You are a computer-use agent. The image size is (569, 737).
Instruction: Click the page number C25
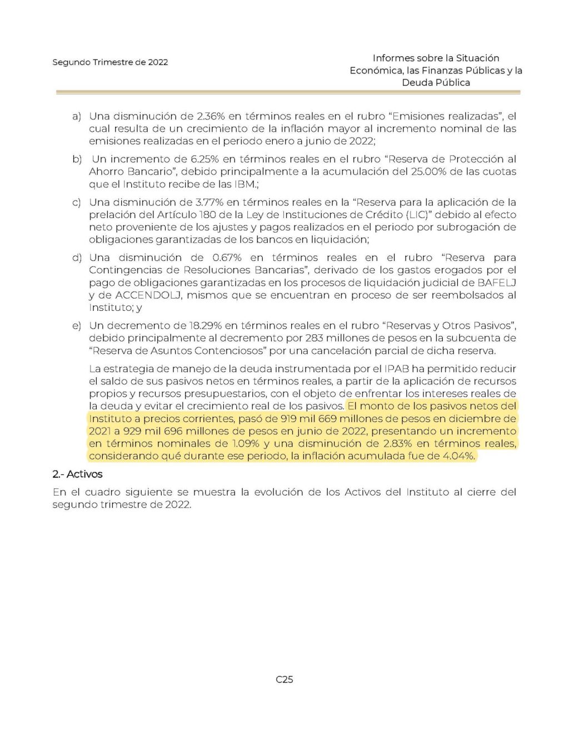(x=284, y=679)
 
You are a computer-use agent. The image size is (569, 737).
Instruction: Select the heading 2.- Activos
(x=77, y=474)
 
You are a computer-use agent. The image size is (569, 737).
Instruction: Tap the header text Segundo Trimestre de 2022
(x=110, y=62)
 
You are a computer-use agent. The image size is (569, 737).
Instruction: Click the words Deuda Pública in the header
(x=436, y=82)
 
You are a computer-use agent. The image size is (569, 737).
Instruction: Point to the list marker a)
(x=76, y=116)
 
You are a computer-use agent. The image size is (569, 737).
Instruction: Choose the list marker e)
(x=76, y=325)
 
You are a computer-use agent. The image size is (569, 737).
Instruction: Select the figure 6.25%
(x=204, y=159)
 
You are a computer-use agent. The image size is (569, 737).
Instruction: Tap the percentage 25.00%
(x=430, y=171)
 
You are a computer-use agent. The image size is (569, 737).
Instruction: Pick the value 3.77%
(x=210, y=202)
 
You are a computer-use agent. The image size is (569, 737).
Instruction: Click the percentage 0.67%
(x=227, y=258)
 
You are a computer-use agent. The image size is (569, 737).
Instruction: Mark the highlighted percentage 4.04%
(x=459, y=456)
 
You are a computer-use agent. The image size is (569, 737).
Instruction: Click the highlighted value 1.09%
(x=245, y=443)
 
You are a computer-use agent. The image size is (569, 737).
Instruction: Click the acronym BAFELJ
(x=497, y=283)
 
